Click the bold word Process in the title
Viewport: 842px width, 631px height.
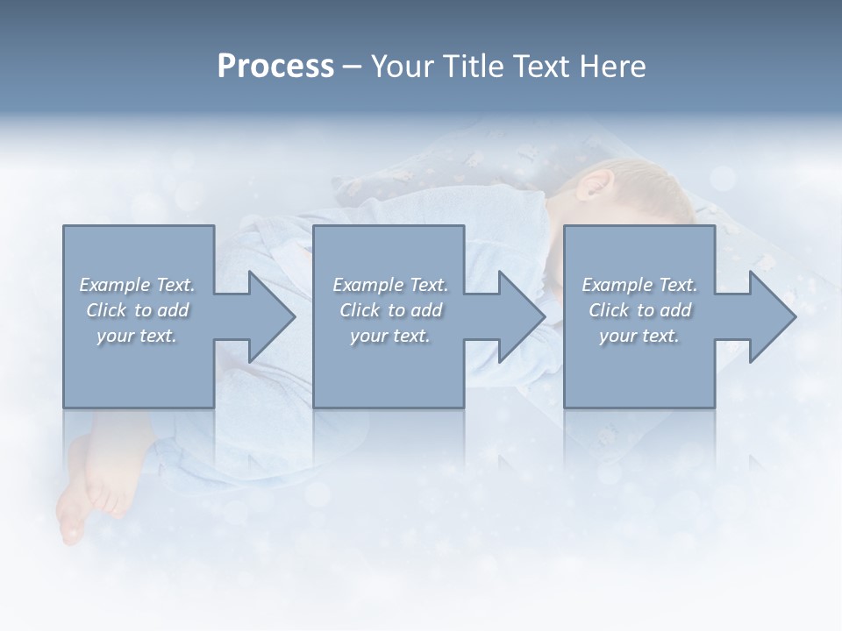click(275, 67)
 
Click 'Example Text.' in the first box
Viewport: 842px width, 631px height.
click(137, 285)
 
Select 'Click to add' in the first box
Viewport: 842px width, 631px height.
click(137, 310)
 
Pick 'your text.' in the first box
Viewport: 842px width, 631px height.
click(137, 336)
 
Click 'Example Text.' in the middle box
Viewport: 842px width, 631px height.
click(390, 285)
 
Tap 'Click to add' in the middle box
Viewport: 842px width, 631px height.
click(390, 310)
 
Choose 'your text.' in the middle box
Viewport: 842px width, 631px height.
click(390, 336)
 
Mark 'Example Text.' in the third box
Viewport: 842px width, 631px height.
click(639, 285)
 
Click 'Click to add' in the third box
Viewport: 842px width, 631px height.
click(639, 310)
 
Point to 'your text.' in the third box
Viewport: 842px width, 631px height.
click(639, 336)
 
